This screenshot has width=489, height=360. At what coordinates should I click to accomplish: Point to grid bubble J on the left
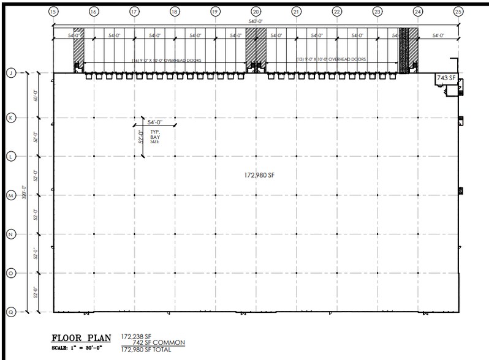click(10, 73)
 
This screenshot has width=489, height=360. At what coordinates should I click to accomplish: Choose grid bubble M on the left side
click(10, 195)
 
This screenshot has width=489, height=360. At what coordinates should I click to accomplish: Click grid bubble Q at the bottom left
click(10, 311)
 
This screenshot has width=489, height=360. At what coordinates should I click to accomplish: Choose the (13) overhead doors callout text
click(331, 59)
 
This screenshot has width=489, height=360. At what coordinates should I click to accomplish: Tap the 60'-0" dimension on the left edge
click(36, 95)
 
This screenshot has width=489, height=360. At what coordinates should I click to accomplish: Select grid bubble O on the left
click(10, 272)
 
